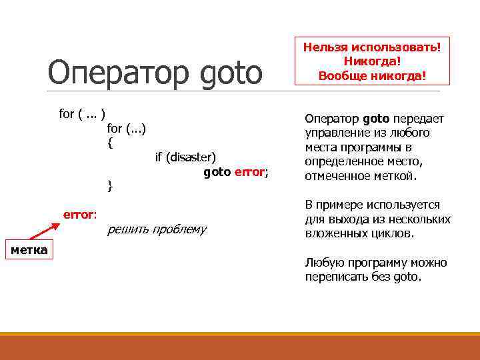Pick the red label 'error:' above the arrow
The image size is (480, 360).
[80, 214]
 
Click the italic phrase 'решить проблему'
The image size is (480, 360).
[157, 230]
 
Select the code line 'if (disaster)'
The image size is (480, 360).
[185, 157]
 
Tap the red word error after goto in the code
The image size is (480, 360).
[249, 172]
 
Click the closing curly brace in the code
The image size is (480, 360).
[110, 186]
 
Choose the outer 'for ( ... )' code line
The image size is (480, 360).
[83, 113]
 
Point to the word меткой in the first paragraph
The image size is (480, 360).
[397, 177]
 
